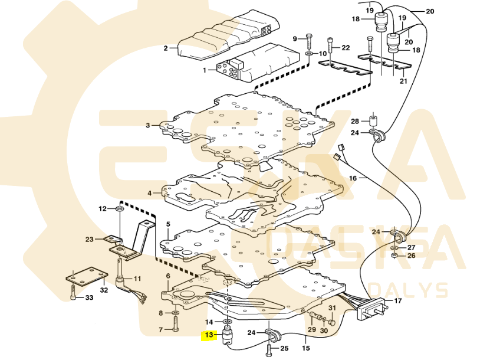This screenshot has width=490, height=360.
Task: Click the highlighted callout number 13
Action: [209, 336]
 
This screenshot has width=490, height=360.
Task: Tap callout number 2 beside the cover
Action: [166, 48]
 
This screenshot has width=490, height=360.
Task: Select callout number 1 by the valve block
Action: [205, 70]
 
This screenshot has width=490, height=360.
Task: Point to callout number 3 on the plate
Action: [149, 125]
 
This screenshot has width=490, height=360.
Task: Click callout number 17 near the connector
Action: [397, 301]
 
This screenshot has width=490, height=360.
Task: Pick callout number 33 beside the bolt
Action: [90, 298]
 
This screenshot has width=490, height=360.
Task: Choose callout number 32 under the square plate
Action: [104, 290]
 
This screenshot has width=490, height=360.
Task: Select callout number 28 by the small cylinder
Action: [355, 122]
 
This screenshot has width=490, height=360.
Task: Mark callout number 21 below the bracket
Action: [403, 81]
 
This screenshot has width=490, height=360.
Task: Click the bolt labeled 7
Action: [176, 323]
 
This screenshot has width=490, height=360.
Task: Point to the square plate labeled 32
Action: [86, 275]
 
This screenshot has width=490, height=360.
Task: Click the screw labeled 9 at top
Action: [309, 44]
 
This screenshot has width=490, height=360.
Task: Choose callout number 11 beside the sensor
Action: [137, 279]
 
